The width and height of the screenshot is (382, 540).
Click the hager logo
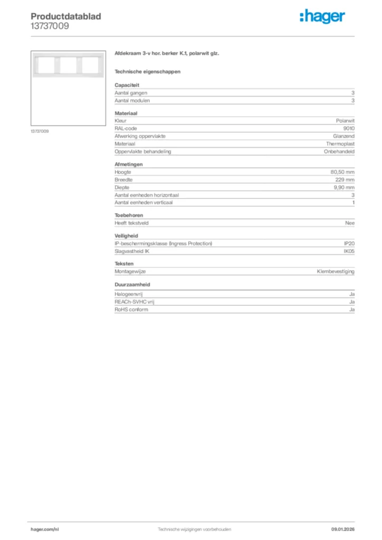322,17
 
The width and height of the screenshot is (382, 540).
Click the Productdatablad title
66,16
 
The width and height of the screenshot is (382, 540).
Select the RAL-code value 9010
349,128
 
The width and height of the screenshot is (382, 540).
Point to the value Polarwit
345,121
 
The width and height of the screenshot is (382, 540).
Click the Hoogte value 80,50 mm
342,172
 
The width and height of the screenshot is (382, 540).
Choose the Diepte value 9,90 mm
344,187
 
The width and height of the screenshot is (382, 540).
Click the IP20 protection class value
349,244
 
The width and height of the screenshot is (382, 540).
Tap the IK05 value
349,251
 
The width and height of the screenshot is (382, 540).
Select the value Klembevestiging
336,271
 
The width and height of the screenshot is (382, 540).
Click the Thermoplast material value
340,143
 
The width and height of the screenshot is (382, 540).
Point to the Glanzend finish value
343,136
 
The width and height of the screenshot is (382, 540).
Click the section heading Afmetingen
129,164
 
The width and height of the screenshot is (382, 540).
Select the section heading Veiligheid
127,236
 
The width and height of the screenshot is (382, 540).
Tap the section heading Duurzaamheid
132,284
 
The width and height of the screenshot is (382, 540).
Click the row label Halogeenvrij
129,294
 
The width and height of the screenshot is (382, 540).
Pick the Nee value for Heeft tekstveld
350,223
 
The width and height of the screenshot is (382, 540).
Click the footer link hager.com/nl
45,529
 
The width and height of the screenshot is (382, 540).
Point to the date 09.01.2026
343,529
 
